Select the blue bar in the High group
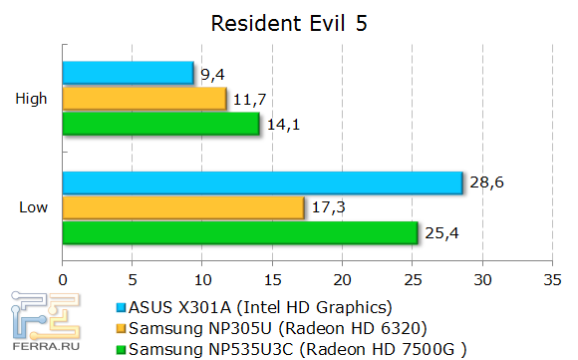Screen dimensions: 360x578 128,73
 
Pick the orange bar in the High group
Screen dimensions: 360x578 144,99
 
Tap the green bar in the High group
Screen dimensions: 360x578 161,125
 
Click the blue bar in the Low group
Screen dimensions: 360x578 263,182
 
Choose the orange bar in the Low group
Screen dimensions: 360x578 183,207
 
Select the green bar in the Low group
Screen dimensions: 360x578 240,232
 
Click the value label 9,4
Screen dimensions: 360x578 212,72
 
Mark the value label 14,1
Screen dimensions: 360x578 280,125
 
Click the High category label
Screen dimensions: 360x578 30,99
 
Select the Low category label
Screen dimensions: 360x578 31,207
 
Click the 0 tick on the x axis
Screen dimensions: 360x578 64,279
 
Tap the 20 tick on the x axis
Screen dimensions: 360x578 343,279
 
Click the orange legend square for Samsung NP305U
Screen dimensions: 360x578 122,328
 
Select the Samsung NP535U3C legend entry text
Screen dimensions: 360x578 286,349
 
